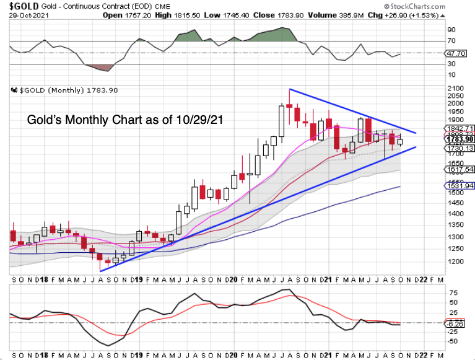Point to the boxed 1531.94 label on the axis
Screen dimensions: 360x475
pyautogui.click(x=459, y=185)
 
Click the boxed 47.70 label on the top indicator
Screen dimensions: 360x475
pyautogui.click(x=458, y=53)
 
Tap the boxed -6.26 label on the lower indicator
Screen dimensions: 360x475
pyautogui.click(x=457, y=323)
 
